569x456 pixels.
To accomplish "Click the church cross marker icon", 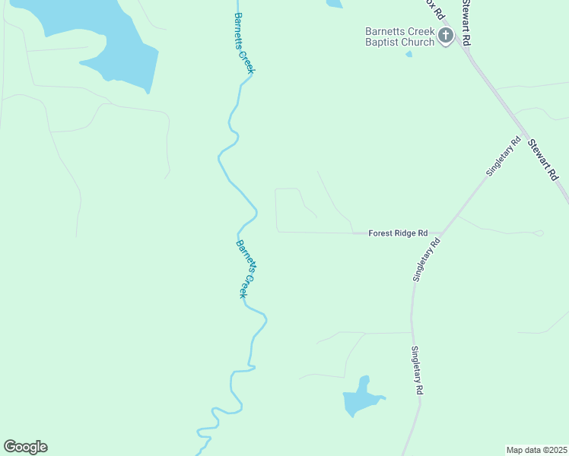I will click(445, 36).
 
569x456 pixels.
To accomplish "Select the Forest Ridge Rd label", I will click(398, 233).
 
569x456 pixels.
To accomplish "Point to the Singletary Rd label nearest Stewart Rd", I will click(503, 157).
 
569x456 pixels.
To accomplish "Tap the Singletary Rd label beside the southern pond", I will click(417, 370).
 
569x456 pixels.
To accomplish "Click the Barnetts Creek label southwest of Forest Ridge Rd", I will click(243, 269).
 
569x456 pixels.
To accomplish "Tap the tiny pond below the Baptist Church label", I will click(409, 54).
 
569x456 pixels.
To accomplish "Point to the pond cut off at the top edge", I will click(335, 4).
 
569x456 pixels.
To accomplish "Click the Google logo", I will click(25, 447).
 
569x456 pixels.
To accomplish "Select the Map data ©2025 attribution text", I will click(536, 449).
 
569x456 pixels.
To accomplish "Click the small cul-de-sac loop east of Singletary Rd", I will click(539, 233).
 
